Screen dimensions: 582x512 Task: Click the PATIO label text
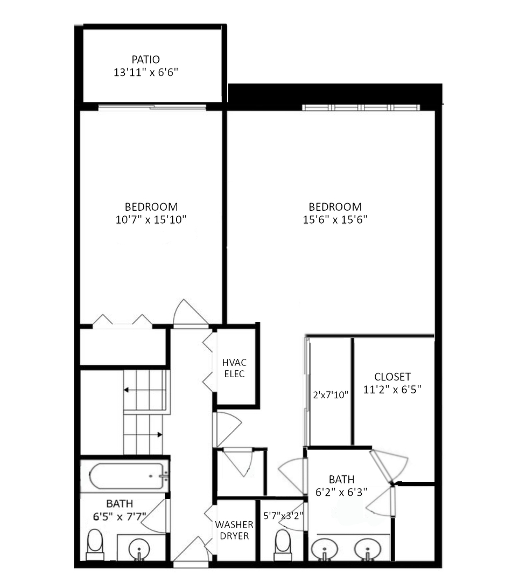pyautogui.click(x=146, y=59)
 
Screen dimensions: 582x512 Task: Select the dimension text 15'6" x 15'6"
pyautogui.click(x=335, y=219)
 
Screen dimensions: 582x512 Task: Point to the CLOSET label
pyautogui.click(x=392, y=377)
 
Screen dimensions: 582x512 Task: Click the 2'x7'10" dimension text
pyautogui.click(x=331, y=394)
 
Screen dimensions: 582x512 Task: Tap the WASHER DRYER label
pyautogui.click(x=234, y=530)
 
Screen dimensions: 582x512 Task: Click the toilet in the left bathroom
pyautogui.click(x=95, y=544)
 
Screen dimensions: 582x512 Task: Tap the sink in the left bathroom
pyautogui.click(x=139, y=550)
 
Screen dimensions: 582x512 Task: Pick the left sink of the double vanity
pyautogui.click(x=325, y=550)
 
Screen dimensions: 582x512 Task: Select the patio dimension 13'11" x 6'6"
pyautogui.click(x=146, y=72)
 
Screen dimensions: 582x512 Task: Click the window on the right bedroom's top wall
pyautogui.click(x=361, y=107)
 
